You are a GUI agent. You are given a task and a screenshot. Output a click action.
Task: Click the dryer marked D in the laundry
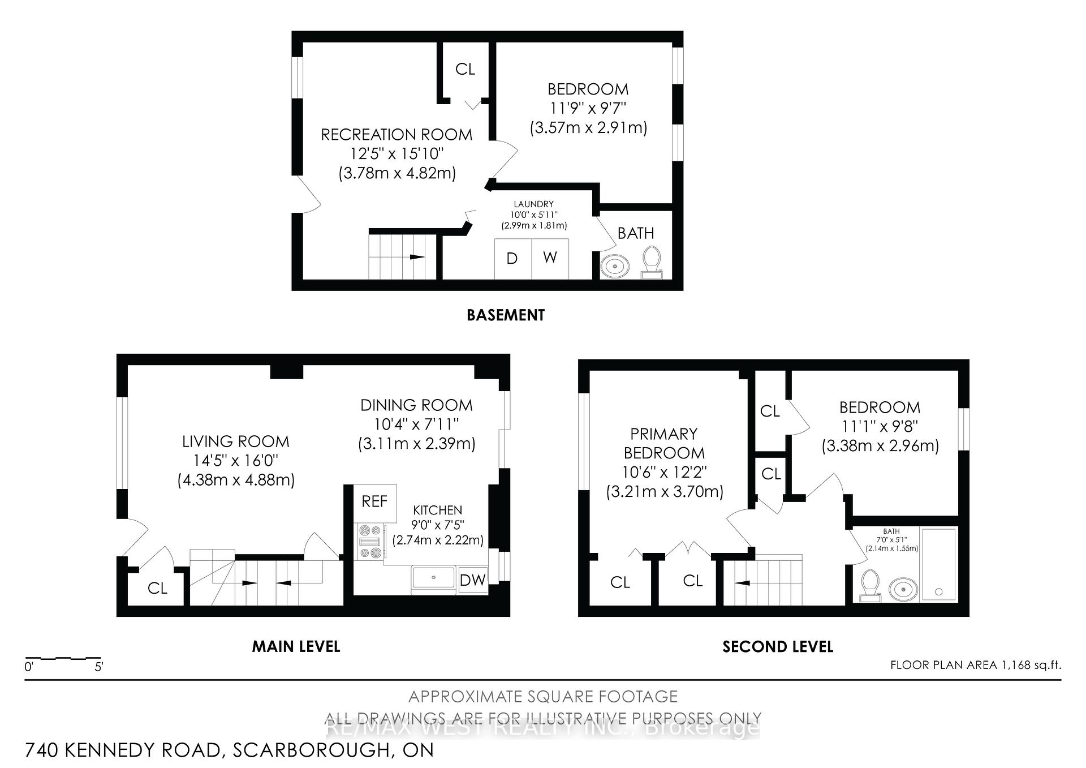tap(512, 259)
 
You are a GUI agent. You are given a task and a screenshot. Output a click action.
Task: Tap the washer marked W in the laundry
tap(550, 258)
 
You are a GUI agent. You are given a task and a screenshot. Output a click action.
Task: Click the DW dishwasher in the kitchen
tap(472, 580)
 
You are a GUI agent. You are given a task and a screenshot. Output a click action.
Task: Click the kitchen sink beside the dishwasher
tap(434, 578)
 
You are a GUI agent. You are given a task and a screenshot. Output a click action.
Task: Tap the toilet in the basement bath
tap(652, 261)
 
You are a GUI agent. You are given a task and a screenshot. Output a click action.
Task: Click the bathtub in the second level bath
tap(938, 564)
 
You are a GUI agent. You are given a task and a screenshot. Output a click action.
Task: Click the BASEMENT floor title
tap(505, 315)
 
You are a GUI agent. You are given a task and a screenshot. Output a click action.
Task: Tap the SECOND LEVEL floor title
tap(777, 647)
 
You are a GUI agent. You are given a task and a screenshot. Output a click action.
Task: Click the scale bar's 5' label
tap(98, 667)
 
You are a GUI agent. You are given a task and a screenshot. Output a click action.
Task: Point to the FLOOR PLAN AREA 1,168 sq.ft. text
tap(975, 665)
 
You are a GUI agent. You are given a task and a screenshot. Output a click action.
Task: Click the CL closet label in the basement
tap(465, 69)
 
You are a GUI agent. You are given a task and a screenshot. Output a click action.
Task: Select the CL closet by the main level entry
tap(157, 589)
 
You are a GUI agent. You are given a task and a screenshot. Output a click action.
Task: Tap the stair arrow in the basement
tap(417, 257)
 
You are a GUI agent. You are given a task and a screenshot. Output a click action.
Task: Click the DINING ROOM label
tap(416, 405)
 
